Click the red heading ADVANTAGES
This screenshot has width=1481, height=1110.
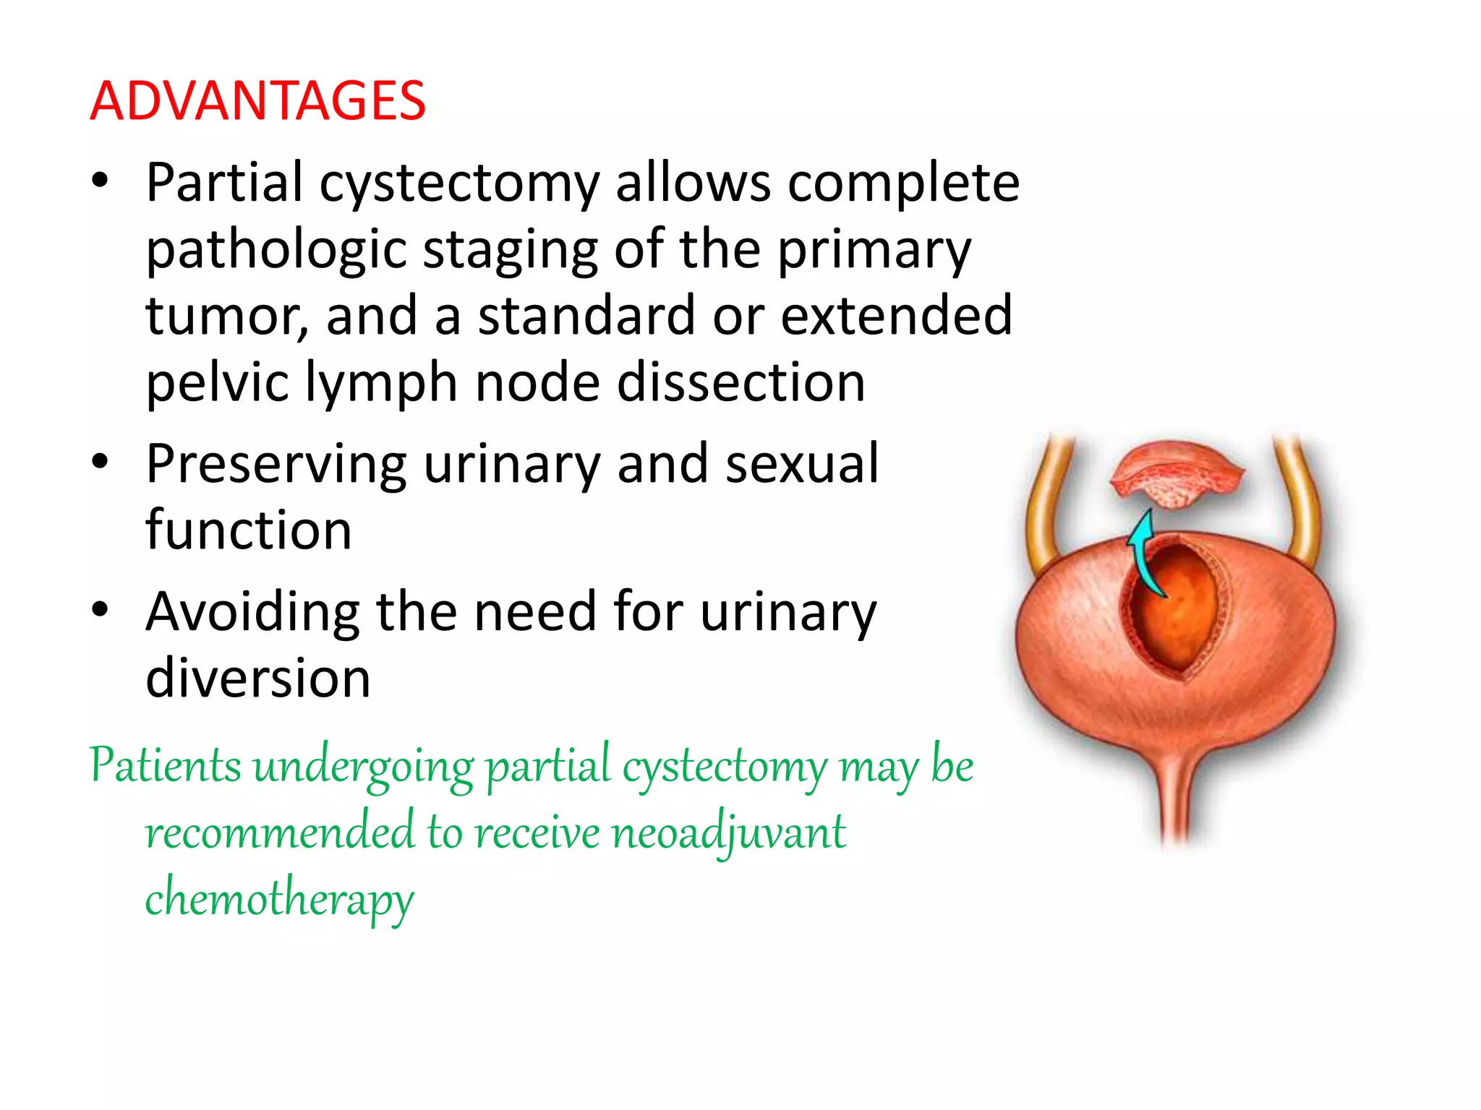(257, 101)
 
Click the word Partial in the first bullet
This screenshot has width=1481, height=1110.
(223, 182)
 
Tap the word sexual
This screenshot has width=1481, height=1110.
(802, 464)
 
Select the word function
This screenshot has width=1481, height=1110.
(248, 530)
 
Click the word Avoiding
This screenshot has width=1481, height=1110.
(252, 612)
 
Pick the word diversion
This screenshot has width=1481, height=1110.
(257, 679)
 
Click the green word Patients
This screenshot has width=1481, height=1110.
(166, 766)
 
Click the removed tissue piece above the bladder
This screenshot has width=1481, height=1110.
(1177, 473)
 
